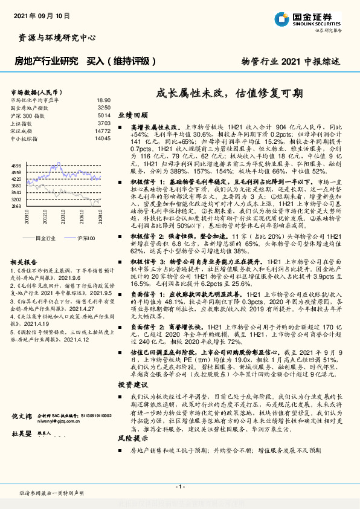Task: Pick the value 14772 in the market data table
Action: coord(103,131)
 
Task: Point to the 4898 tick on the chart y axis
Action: coord(16,165)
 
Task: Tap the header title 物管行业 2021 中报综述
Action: coord(291,62)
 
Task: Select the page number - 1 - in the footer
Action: coord(179,487)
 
